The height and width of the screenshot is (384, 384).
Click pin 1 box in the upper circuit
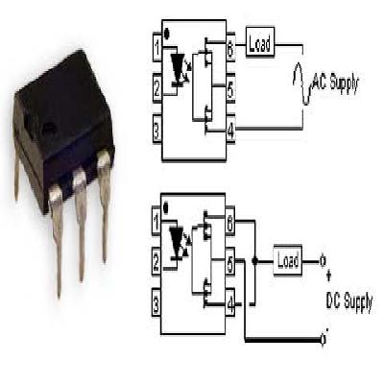156,45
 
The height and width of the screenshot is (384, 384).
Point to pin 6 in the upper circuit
231,45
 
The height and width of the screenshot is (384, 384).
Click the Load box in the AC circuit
261,44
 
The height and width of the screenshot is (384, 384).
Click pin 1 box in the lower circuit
156,224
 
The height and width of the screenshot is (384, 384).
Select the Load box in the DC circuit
287,260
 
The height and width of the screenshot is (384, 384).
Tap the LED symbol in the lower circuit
179,238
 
